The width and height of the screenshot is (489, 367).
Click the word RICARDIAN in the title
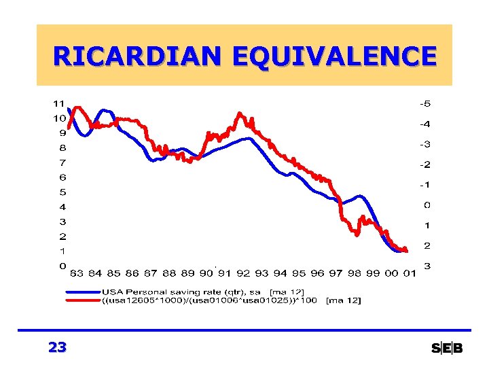pos(139,56)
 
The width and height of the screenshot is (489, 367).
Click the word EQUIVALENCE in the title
pos(333,56)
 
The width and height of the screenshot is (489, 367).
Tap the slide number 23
pos(58,347)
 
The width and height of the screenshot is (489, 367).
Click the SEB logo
pos(447,349)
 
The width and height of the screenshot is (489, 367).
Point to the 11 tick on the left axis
pos(59,104)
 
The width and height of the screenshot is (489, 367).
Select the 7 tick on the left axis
pos(62,163)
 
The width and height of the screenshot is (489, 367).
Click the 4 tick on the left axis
pos(62,207)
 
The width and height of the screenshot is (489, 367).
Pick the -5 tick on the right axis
pos(425,104)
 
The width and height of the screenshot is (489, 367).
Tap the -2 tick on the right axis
pos(425,164)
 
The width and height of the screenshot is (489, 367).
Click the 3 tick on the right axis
pos(427,266)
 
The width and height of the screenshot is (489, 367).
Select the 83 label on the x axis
pos(77,273)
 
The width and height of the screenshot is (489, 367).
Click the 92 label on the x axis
pos(243,273)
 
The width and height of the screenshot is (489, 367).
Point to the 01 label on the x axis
pos(410,273)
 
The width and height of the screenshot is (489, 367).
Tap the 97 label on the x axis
pos(336,273)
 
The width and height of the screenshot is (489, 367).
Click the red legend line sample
pos(82,300)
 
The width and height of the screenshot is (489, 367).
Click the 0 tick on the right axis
pos(427,205)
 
